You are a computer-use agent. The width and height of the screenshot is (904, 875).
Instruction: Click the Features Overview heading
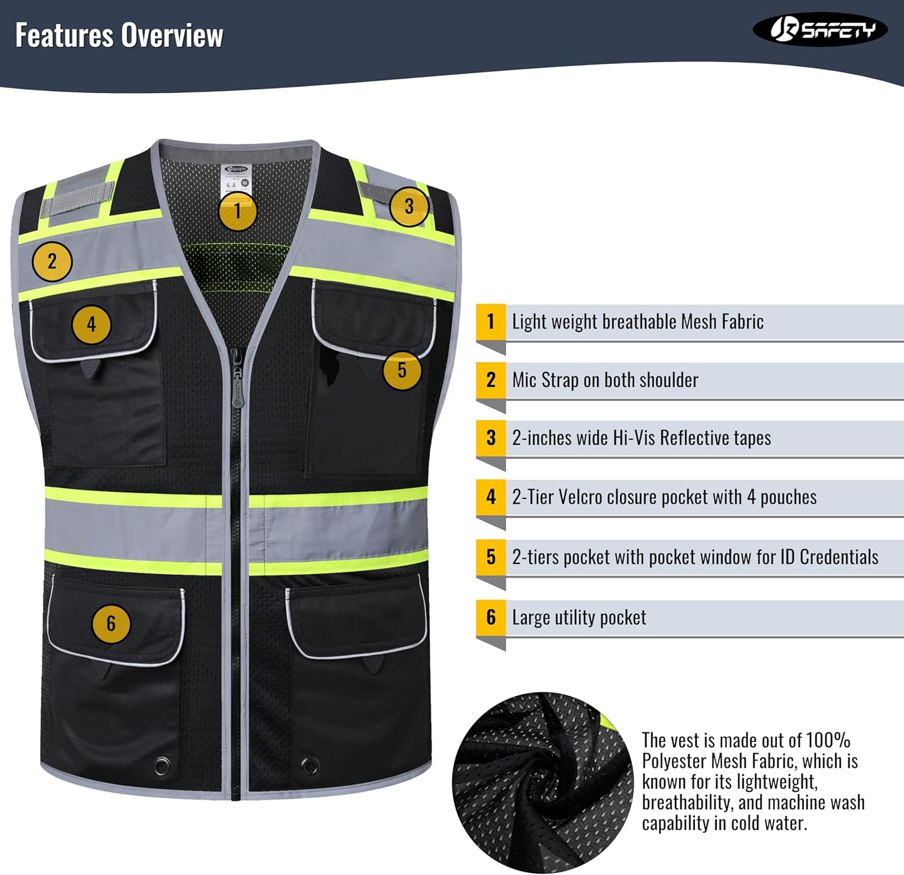(x=119, y=35)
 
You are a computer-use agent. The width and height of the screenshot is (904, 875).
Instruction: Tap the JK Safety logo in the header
(x=820, y=30)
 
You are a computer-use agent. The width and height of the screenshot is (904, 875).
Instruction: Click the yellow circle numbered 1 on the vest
(x=237, y=211)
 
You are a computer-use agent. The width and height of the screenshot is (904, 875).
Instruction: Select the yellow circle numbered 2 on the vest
(x=52, y=262)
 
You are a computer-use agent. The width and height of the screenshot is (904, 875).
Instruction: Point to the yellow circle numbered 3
(x=409, y=207)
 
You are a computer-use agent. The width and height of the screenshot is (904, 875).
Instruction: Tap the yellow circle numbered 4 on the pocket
(x=91, y=325)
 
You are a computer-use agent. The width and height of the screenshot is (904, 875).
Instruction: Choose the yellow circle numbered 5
(x=402, y=370)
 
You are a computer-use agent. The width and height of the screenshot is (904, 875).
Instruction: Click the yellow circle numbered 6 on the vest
(x=111, y=623)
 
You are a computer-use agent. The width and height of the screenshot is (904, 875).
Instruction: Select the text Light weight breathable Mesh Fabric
(x=638, y=322)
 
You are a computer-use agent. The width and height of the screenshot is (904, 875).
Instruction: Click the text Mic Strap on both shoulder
(x=605, y=380)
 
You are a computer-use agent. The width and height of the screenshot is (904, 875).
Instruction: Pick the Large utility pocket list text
(x=579, y=618)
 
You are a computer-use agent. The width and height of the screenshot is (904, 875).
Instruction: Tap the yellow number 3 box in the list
(x=491, y=438)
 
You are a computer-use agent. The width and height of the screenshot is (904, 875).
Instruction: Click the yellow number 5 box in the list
(x=491, y=557)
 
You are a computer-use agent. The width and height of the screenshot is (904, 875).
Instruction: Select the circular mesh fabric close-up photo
(x=542, y=782)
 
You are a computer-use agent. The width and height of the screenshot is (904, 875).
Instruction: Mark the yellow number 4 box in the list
(x=491, y=497)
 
